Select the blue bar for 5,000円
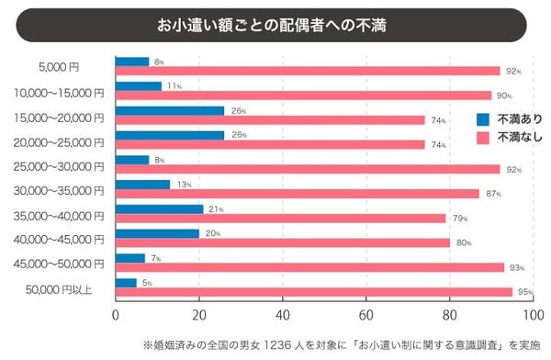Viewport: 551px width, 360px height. tap(131, 62)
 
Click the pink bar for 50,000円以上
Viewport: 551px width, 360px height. tap(312, 292)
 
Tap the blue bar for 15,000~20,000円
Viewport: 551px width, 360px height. tap(169, 110)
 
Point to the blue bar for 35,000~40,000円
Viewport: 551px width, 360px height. tap(159, 208)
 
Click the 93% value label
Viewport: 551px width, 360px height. tap(516, 268)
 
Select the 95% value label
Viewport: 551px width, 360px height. tap(524, 292)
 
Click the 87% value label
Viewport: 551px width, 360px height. tap(491, 194)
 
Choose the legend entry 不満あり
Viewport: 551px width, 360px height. tap(520, 118)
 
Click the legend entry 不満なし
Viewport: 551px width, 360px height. tap(520, 138)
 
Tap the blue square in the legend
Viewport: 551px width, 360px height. tap(483, 118)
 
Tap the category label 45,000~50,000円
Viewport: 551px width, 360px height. tap(60, 264)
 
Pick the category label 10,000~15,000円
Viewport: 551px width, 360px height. tap(60, 93)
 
